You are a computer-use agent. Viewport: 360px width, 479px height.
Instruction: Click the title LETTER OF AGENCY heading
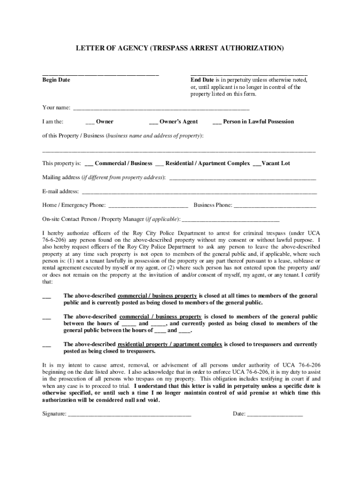[180, 48]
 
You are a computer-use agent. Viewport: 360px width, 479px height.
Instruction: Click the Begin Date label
[56, 80]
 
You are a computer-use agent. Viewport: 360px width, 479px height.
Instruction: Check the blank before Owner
[90, 123]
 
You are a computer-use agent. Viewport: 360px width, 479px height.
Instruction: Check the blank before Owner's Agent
[153, 123]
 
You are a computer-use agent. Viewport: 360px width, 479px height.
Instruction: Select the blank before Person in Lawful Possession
[216, 123]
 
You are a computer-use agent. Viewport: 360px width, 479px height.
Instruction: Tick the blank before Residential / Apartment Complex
[159, 164]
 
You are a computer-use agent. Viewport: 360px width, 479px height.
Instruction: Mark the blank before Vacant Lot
[257, 164]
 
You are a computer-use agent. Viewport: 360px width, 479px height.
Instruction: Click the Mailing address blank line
[243, 179]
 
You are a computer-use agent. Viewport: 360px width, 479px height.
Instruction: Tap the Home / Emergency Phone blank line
[148, 206]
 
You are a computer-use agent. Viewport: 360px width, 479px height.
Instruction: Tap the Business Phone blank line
[274, 206]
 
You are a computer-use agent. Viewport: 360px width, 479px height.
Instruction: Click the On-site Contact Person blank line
[230, 219]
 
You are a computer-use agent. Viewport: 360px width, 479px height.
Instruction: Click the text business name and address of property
[154, 136]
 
